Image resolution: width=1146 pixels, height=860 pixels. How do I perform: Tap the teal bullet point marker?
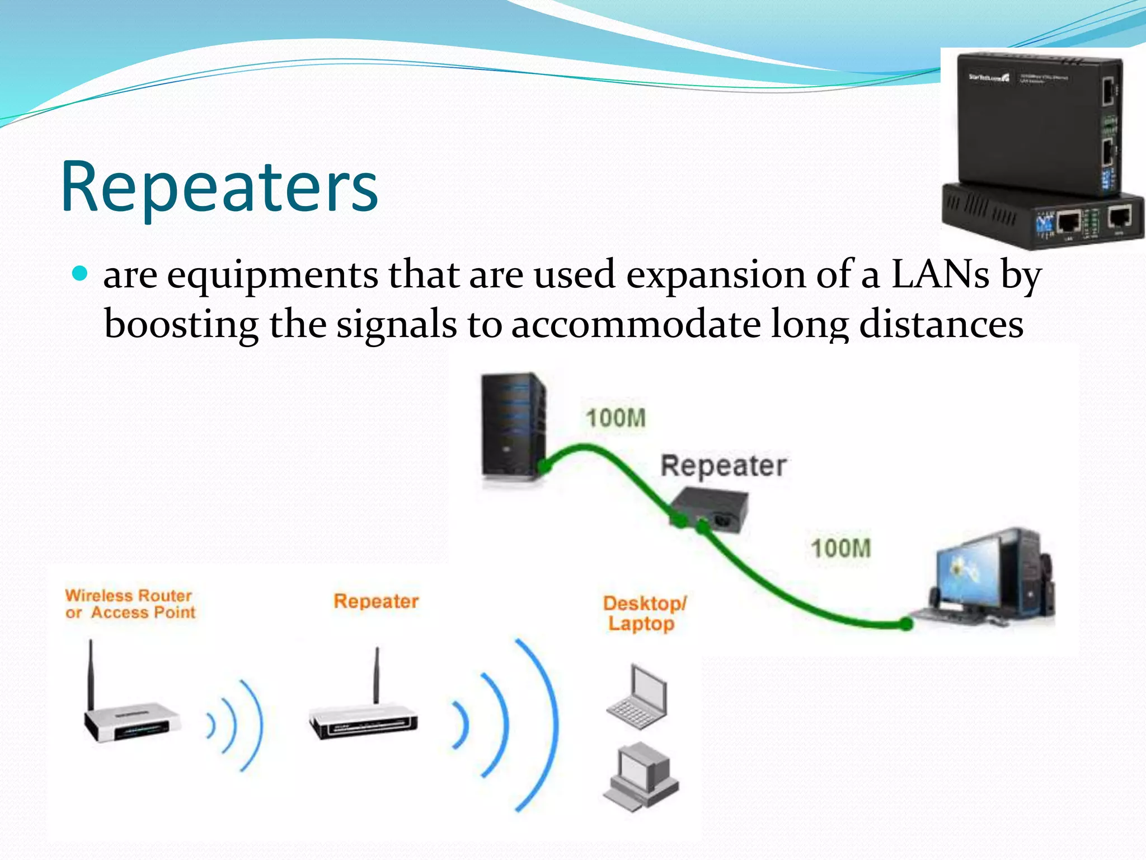[x=81, y=273]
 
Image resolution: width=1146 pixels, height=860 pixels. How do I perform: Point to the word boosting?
[x=181, y=325]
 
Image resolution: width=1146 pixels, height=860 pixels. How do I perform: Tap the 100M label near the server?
[x=616, y=418]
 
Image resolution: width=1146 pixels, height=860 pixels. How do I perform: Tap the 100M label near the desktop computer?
[x=840, y=548]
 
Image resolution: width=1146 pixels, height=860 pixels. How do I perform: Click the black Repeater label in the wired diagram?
[x=723, y=466]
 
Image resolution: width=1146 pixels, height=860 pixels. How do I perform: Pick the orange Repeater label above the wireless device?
[x=376, y=601]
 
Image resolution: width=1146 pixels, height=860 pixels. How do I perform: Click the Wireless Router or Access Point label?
[x=130, y=604]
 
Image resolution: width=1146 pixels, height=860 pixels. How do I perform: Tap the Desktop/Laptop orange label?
[x=644, y=613]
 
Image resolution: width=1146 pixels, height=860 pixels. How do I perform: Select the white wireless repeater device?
[x=363, y=719]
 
